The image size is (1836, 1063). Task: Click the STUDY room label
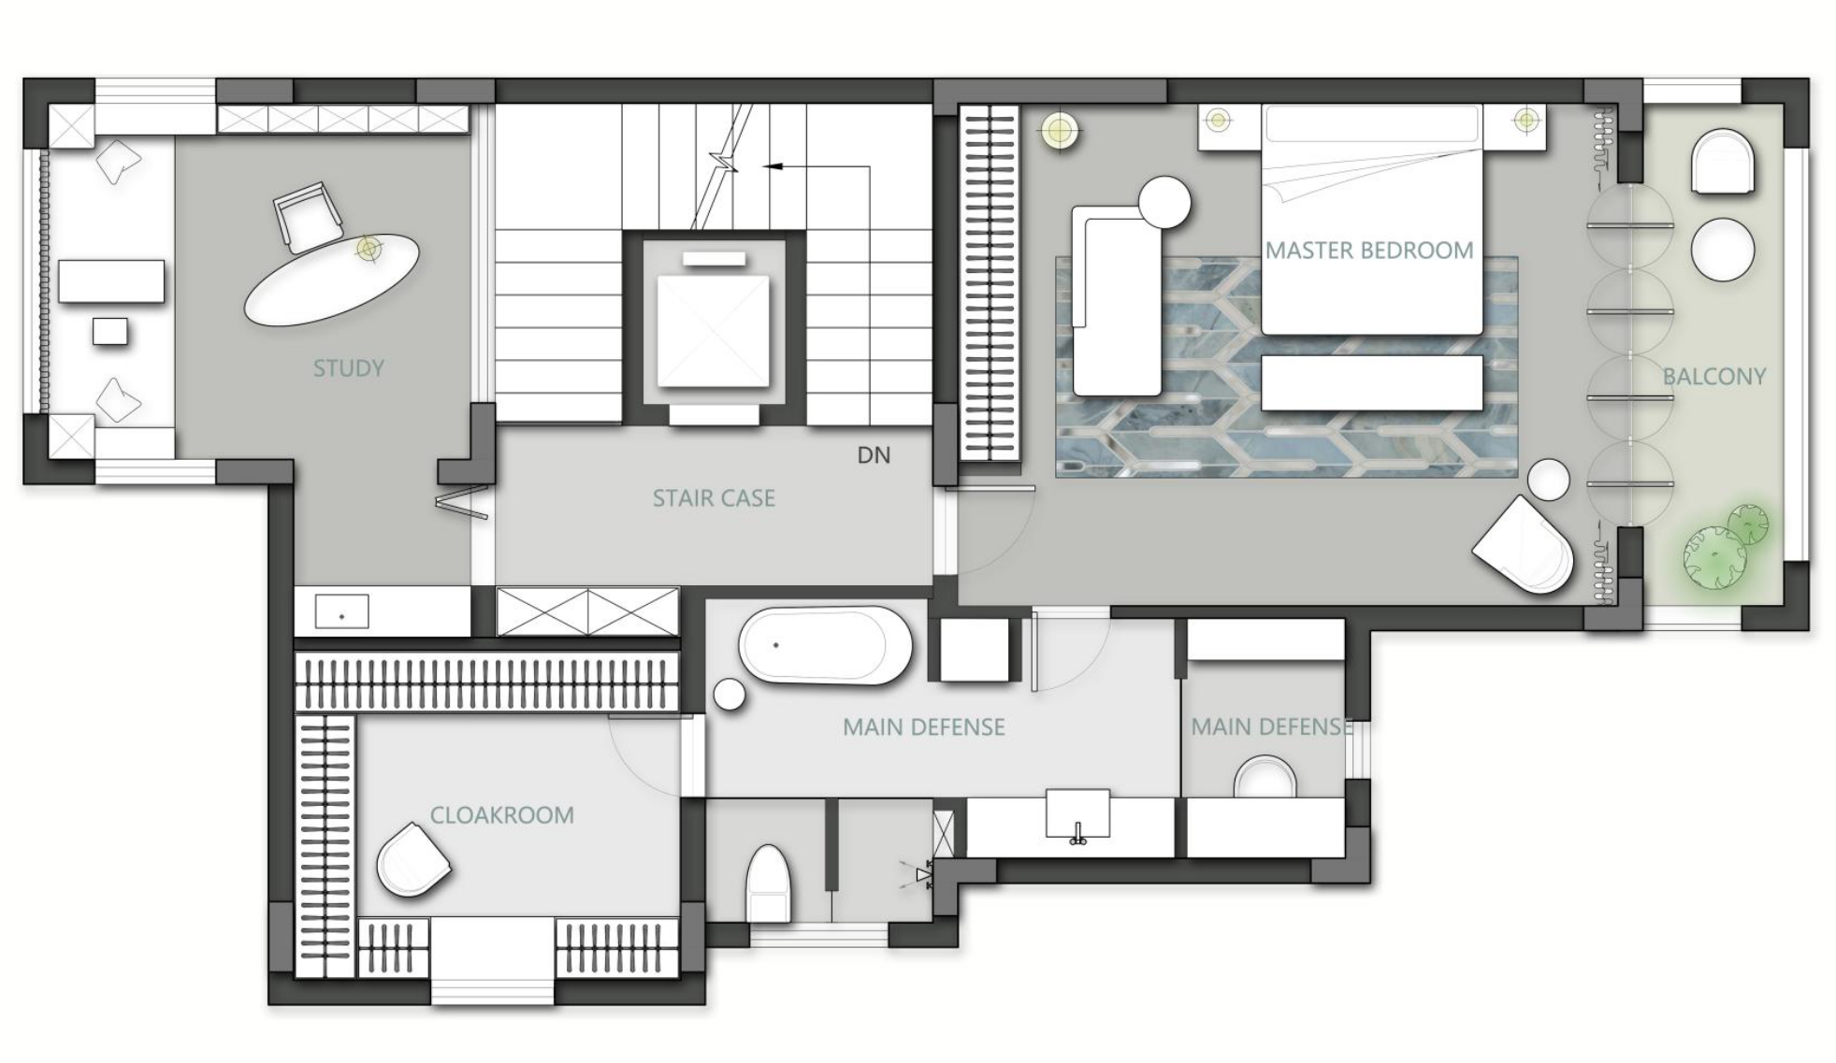click(348, 368)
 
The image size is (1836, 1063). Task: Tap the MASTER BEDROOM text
click(1368, 251)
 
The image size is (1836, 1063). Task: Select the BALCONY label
click(1713, 377)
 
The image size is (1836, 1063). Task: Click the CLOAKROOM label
click(501, 815)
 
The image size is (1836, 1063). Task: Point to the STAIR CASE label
click(714, 498)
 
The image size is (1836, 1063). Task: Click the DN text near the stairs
click(874, 455)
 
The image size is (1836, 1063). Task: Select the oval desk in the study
click(331, 280)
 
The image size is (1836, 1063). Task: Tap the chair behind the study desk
click(306, 218)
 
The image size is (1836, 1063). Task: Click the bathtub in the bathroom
click(825, 646)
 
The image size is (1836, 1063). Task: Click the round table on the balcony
click(1722, 249)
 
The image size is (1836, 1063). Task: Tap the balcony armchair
click(1722, 163)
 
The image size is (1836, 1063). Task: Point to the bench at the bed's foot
click(1371, 382)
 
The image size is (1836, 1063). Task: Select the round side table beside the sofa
click(1164, 202)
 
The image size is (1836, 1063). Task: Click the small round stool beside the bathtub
click(730, 695)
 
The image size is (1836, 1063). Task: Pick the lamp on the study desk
click(369, 249)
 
